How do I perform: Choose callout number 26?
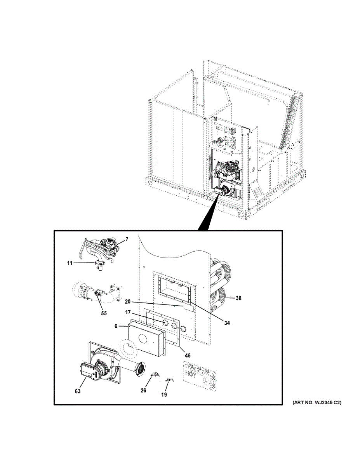point(143,390)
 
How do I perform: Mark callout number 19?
point(164,395)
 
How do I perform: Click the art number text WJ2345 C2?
point(317,403)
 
